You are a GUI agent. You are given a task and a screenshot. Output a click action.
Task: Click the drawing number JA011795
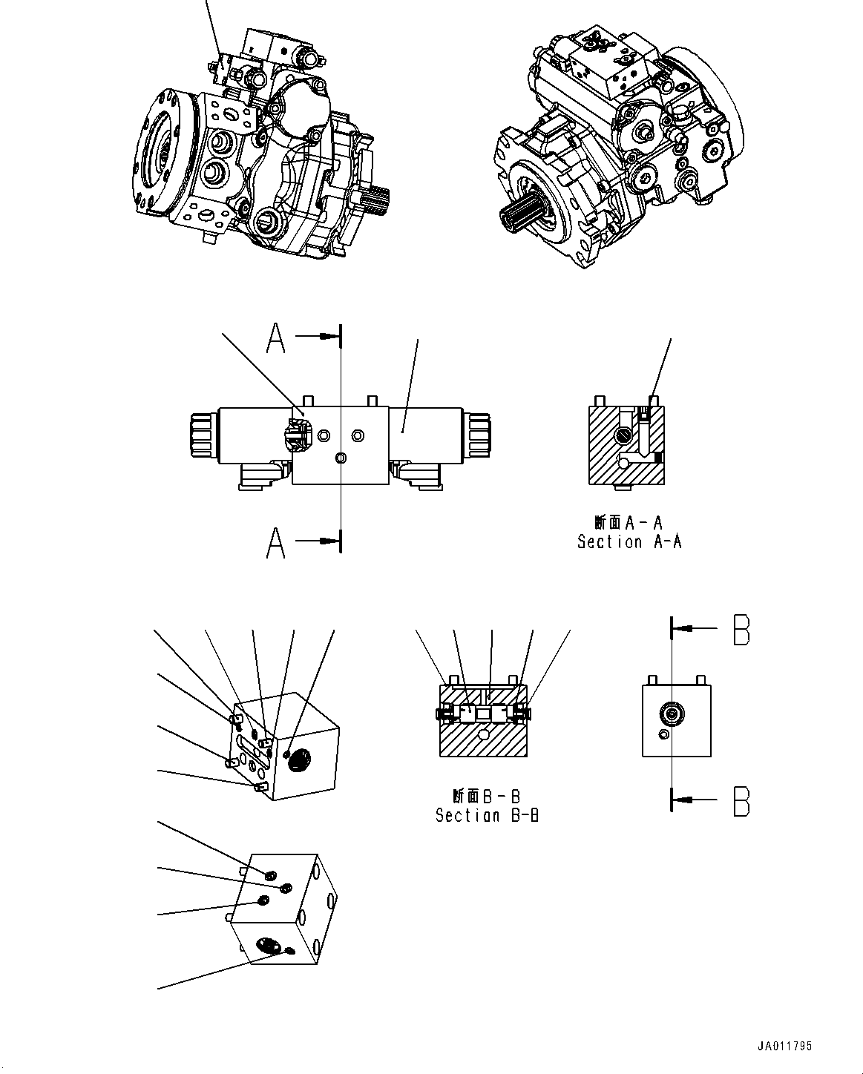coord(786,1047)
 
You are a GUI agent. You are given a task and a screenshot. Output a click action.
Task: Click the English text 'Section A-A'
coord(629,542)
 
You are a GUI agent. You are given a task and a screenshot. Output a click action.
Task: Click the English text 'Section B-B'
coord(487,816)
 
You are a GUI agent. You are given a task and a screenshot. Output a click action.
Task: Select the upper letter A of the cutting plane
coord(276,339)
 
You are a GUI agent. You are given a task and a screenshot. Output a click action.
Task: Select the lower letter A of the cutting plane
coord(276,542)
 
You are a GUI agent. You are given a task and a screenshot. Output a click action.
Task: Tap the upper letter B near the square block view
coord(741,630)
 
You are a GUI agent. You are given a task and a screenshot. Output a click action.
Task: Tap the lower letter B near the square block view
coord(741,801)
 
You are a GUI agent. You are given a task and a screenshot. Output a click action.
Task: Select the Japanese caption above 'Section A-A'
coord(629,522)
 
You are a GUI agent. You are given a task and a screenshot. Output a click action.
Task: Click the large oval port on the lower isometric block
coord(268,945)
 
